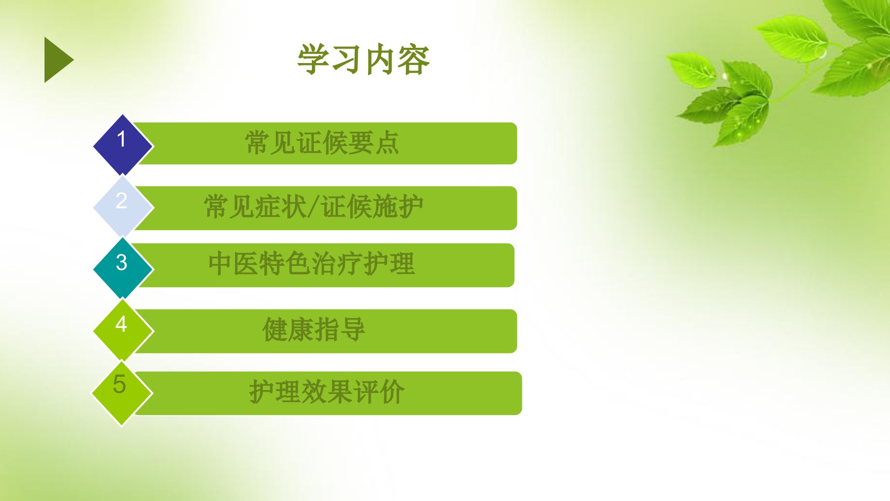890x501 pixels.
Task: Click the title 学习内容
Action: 364,59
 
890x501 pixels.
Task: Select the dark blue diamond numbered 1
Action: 123,145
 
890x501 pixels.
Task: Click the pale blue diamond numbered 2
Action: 123,207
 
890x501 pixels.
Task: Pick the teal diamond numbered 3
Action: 123,268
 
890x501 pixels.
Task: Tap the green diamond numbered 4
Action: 123,330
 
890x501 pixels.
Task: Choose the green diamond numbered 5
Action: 122,392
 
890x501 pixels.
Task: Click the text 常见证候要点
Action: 322,142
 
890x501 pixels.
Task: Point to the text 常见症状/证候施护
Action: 313,206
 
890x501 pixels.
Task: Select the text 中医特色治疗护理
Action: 311,263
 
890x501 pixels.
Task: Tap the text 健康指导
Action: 314,329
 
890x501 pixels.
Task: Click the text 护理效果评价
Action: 327,392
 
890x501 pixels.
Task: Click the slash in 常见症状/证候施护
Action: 313,207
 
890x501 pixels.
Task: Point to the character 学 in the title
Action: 314,59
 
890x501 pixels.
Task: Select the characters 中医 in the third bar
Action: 234,263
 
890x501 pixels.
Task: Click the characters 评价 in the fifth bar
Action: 379,392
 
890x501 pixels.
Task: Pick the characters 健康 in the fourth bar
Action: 288,329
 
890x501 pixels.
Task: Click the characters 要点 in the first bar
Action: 374,142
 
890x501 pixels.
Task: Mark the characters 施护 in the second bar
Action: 398,206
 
